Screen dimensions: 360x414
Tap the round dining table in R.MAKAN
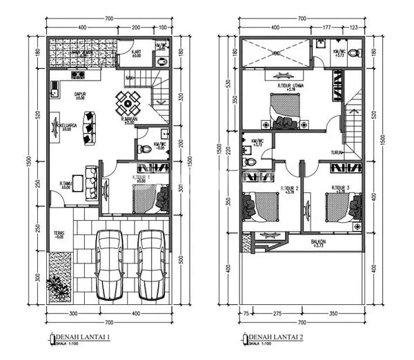[x=128, y=105]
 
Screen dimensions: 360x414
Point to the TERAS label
[x=59, y=234]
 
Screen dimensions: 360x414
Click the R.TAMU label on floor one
[x=66, y=183]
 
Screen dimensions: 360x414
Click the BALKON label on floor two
[x=318, y=243]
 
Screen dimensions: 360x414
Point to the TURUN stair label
[x=336, y=152]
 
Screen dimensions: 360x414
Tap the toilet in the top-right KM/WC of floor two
[x=353, y=53]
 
